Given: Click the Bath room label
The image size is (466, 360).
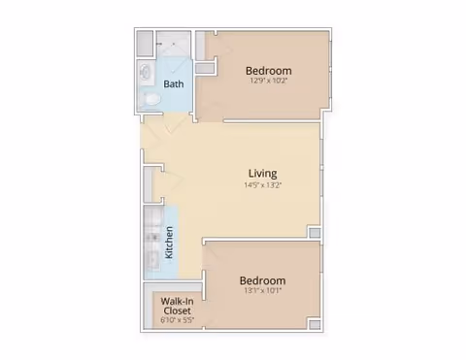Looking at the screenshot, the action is [x=174, y=84].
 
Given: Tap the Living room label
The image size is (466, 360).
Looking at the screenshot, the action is [x=263, y=174].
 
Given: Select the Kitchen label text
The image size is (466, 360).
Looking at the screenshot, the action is [x=169, y=243].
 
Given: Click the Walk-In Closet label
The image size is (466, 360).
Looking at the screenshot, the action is [x=178, y=306].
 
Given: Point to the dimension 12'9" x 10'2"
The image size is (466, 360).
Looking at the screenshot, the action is [x=268, y=81].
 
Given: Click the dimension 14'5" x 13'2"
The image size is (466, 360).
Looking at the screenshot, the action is [x=263, y=185].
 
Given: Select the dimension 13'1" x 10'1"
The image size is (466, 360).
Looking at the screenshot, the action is [x=263, y=290].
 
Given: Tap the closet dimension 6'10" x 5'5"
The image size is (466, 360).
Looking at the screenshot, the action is [x=178, y=320].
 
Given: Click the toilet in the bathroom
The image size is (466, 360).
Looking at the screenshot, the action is [x=150, y=99].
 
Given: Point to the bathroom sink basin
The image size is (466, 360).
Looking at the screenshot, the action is [x=146, y=72].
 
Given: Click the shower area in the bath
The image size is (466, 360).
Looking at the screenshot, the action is [x=173, y=45].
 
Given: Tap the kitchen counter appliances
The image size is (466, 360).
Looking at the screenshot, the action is [x=152, y=242].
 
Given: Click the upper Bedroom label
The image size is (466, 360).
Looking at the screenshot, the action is [x=269, y=71].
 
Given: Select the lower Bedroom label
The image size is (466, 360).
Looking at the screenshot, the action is [x=262, y=280].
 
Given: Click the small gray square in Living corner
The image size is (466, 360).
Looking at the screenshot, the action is [x=315, y=233].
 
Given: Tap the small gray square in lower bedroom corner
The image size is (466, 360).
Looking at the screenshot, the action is [x=315, y=324].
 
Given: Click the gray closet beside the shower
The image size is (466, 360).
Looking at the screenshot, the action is [x=145, y=44].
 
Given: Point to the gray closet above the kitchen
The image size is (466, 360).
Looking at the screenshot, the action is [x=148, y=184].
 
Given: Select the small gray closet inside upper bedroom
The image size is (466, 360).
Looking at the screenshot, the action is [x=205, y=69].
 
